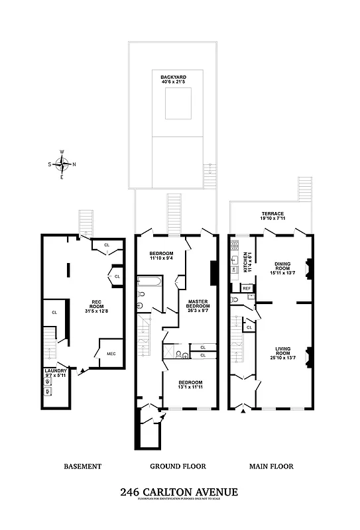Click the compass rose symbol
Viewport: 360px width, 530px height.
pyautogui.click(x=62, y=164)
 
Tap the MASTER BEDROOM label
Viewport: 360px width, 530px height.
pyautogui.click(x=198, y=304)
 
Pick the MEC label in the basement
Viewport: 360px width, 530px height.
pyautogui.click(x=111, y=354)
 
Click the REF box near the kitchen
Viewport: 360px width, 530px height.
pyautogui.click(x=246, y=288)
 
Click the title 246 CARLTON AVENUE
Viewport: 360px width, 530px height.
pyautogui.click(x=179, y=492)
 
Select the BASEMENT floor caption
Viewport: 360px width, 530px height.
pyautogui.click(x=82, y=466)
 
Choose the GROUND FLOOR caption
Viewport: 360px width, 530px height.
pyautogui.click(x=178, y=466)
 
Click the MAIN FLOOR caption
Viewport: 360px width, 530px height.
pyautogui.click(x=271, y=466)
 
